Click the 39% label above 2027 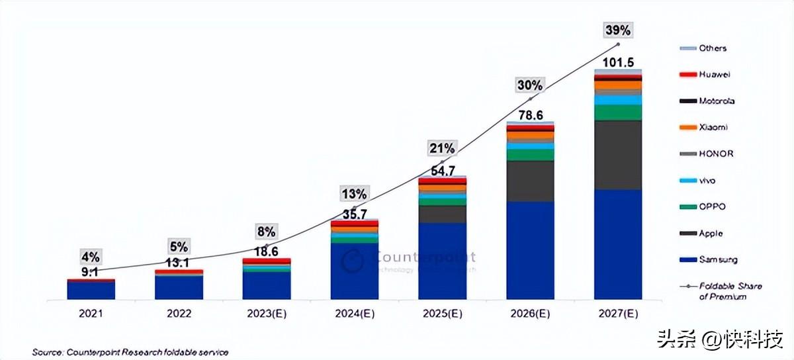618,30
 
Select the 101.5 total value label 618,62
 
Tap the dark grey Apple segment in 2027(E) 618,155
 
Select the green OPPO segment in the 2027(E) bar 618,112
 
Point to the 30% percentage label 530,85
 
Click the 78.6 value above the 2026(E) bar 530,115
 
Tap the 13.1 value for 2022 179,263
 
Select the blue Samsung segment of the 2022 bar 179,287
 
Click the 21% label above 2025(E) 442,147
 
